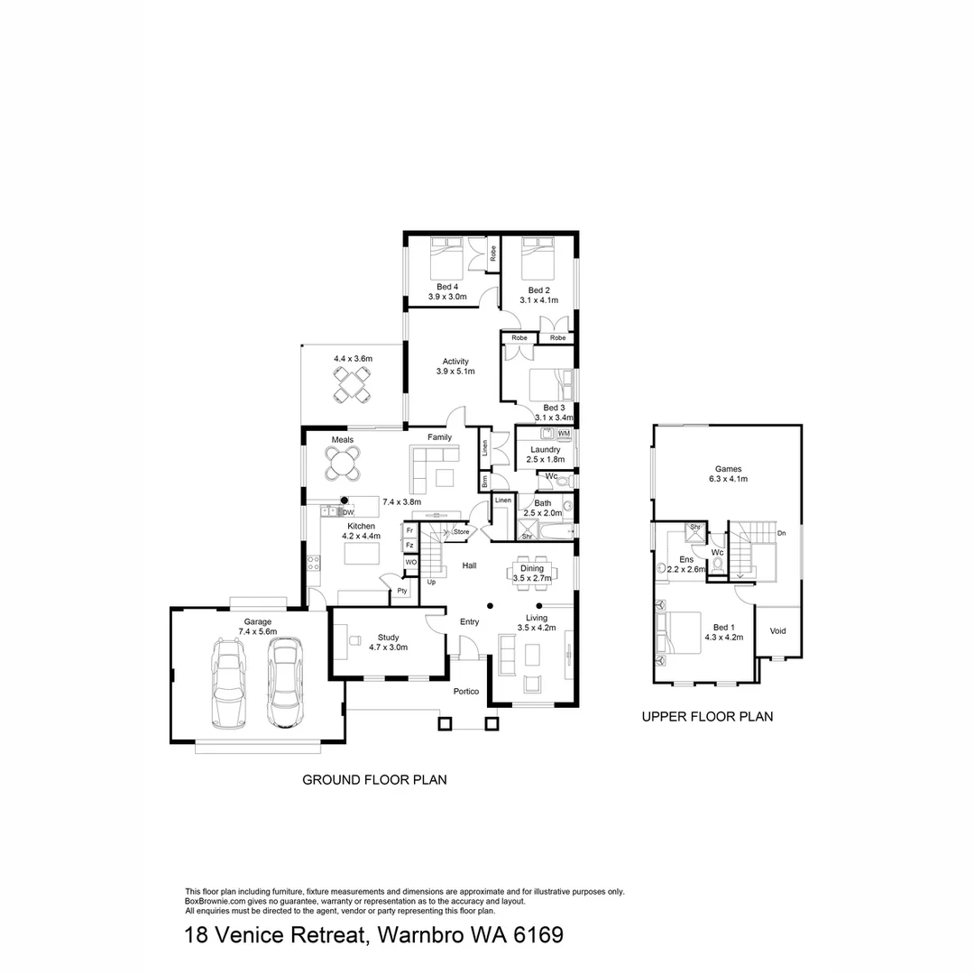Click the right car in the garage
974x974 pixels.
285,682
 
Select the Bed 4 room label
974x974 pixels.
447,287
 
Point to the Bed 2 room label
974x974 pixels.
539,290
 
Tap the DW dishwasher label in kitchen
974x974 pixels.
348,512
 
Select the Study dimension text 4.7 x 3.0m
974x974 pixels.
388,647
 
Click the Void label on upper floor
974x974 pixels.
777,631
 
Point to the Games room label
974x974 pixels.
728,469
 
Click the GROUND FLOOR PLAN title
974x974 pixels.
374,780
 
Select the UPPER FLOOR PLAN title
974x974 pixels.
707,718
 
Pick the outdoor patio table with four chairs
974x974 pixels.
352,386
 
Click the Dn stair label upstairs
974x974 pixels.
781,534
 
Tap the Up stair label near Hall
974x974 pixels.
432,582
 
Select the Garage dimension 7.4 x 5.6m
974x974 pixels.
257,631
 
